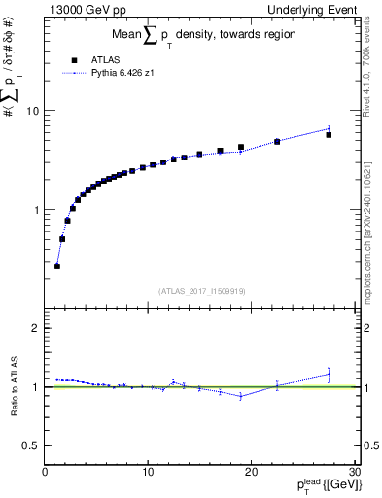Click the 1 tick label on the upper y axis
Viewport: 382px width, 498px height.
coord(37,210)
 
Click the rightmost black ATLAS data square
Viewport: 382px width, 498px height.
coord(329,135)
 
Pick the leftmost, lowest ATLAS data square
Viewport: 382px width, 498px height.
coord(57,266)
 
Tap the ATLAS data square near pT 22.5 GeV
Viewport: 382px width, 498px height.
coord(277,142)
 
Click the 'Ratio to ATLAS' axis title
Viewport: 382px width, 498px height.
coord(15,389)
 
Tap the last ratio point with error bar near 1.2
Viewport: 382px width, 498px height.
coord(329,374)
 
